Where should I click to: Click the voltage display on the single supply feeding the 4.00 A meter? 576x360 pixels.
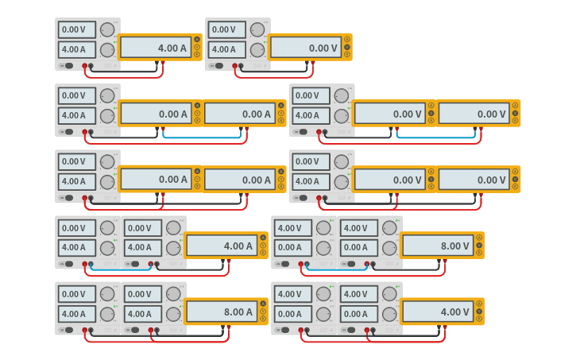pos(77,29)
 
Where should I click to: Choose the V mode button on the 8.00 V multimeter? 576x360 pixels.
pos(479,246)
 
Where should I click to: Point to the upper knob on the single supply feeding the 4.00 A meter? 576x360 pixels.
pos(107,29)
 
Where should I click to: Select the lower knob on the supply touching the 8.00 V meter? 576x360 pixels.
pos(389,247)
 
